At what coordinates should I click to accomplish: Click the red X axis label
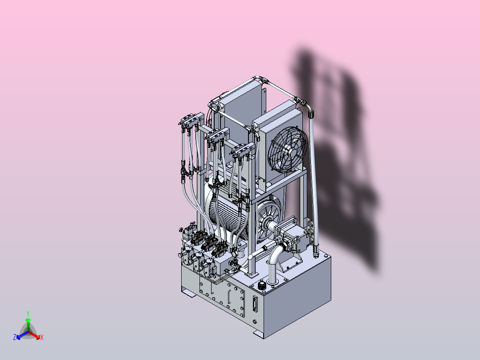[42, 337]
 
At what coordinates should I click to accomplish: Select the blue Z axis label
[15, 337]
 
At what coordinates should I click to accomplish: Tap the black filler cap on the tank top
[262, 286]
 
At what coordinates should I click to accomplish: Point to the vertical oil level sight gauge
[254, 303]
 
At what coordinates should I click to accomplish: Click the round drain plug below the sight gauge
[255, 321]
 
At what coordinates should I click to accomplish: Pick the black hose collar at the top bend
[311, 115]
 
